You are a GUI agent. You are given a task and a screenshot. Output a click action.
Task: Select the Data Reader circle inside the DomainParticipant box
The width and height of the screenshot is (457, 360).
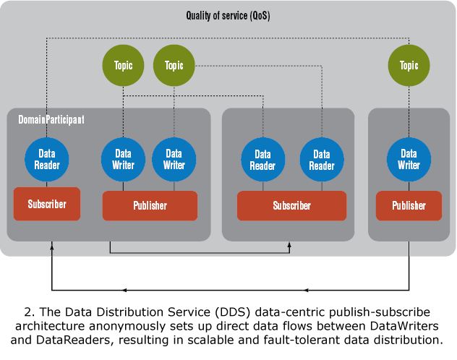pos(47,159)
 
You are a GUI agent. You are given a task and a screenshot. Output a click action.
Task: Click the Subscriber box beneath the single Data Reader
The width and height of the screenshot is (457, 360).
pos(47,204)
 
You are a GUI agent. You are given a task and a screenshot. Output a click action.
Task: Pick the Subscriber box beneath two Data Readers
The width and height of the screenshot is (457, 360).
pos(291,206)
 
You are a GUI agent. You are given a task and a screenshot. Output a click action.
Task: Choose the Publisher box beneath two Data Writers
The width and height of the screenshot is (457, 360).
pos(150,206)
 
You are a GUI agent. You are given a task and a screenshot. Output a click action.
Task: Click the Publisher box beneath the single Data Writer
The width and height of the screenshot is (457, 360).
pos(409,206)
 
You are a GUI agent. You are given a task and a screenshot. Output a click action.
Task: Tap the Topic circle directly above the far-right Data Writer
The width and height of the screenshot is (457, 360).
pos(409,66)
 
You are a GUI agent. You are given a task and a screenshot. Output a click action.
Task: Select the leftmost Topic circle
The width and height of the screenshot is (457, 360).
pos(124,66)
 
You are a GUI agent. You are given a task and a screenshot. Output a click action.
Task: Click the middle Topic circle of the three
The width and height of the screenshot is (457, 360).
pos(174,66)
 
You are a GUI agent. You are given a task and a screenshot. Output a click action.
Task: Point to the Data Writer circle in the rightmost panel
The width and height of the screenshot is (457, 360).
pos(409,159)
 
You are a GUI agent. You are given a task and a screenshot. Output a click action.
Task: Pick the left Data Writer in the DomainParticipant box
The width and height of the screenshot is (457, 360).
pos(124,159)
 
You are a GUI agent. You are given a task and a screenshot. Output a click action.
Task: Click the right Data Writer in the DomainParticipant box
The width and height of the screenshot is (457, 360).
pos(174,159)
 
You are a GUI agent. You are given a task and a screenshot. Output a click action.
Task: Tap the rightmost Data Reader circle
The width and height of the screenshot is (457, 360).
pos(322,159)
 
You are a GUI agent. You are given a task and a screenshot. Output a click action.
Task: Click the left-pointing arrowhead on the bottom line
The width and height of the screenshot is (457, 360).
pos(125,291)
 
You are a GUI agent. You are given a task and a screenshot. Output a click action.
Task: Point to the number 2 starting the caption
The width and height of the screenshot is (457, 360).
pos(27,312)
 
